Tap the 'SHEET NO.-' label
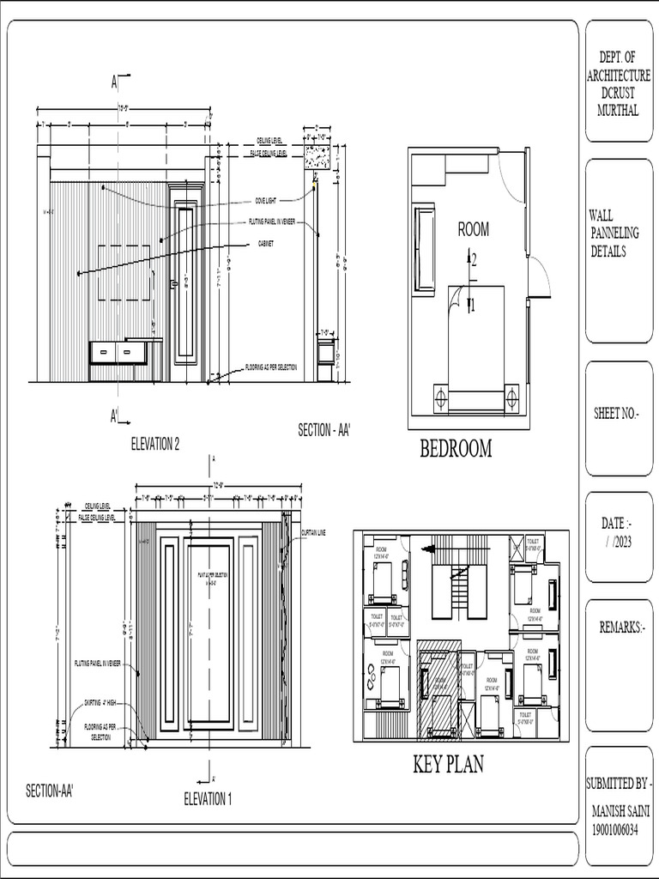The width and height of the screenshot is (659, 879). [617, 414]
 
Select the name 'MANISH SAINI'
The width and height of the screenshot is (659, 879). [621, 811]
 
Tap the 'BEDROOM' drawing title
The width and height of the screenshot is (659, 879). [456, 448]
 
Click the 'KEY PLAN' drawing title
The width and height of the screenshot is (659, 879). [448, 765]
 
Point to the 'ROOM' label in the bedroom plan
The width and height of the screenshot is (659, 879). [474, 229]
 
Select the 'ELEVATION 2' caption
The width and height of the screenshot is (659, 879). [155, 444]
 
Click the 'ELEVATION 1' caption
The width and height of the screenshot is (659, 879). [208, 799]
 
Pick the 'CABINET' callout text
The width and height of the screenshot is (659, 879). [267, 243]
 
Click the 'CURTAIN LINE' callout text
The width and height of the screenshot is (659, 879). [314, 533]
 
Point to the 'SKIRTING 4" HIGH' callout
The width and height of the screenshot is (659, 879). [100, 701]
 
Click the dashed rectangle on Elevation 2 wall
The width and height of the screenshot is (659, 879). [124, 272]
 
